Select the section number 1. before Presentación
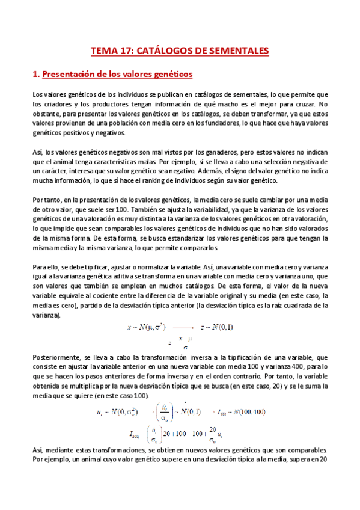[x=35, y=75]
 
